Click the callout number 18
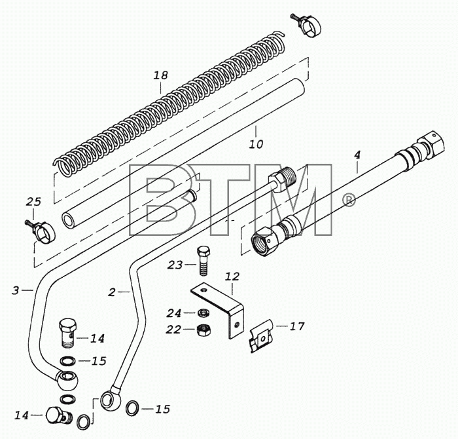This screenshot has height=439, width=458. (161, 75)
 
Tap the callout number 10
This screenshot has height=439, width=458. (256, 144)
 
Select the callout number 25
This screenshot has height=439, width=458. (33, 202)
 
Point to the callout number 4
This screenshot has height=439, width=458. (357, 155)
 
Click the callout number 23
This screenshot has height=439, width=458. (175, 265)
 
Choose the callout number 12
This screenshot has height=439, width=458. (232, 277)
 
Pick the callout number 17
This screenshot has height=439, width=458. (297, 326)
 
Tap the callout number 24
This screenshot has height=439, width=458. (174, 313)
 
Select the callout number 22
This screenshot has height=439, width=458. (173, 330)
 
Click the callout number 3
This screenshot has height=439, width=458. (16, 290)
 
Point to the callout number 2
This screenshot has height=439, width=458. (112, 292)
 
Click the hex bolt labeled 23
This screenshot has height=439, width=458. (203, 261)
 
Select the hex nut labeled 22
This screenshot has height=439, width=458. (203, 330)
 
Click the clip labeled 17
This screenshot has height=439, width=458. (261, 336)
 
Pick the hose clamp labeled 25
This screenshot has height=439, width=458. (43, 230)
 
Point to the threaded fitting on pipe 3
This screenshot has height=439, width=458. (282, 179)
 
